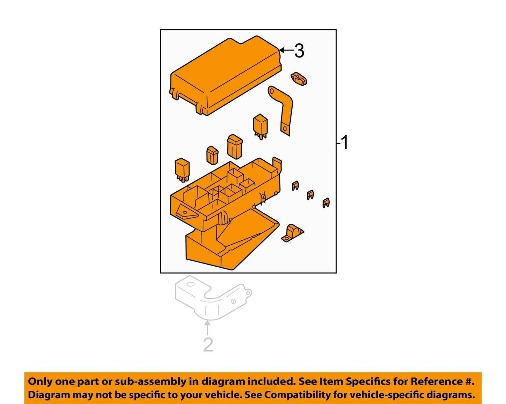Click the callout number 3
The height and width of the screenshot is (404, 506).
[299, 51]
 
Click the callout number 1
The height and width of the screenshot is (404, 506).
[344, 143]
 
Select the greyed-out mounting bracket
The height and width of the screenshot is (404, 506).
[213, 297]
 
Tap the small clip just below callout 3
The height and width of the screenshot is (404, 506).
[299, 79]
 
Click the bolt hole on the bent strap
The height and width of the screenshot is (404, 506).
[285, 129]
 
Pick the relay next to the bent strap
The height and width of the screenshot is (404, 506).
[260, 126]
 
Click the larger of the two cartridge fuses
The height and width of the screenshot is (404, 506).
[235, 146]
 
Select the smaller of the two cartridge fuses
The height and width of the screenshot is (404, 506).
[212, 155]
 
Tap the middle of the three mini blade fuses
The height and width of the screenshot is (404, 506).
[310, 194]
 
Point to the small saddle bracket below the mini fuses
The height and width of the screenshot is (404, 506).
[292, 233]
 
